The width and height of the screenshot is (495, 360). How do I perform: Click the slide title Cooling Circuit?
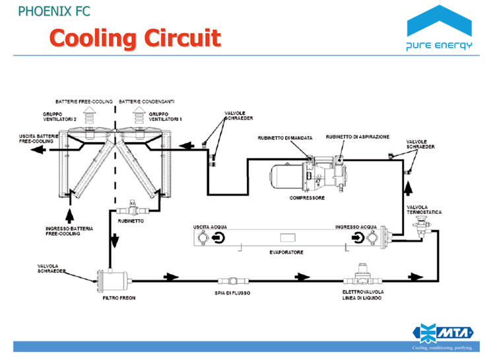pos(135,38)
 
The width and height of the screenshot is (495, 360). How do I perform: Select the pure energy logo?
pos(440,30)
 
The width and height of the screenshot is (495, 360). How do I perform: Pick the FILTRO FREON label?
pos(118,298)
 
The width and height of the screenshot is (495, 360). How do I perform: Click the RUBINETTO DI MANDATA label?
pos(284,137)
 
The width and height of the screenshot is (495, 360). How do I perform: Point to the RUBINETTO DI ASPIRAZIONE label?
pos(357,137)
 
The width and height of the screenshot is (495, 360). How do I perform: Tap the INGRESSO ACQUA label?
pos(356,227)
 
